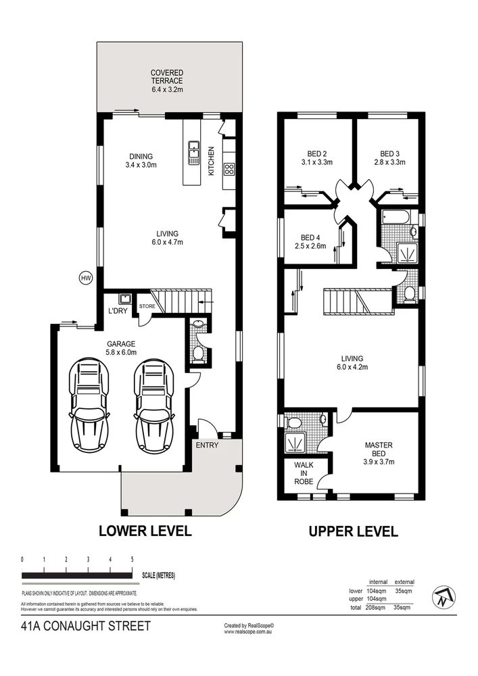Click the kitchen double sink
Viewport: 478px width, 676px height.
(193, 152)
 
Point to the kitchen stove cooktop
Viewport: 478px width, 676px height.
(229, 168)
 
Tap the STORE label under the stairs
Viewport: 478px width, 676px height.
(147, 306)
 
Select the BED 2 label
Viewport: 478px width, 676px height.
(312, 158)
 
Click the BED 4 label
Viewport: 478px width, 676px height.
(310, 241)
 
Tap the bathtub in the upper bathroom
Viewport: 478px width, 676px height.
(396, 218)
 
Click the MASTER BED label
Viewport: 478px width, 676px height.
(379, 449)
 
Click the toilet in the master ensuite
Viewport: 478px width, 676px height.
(295, 422)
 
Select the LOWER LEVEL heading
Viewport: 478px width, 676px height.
(145, 531)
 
